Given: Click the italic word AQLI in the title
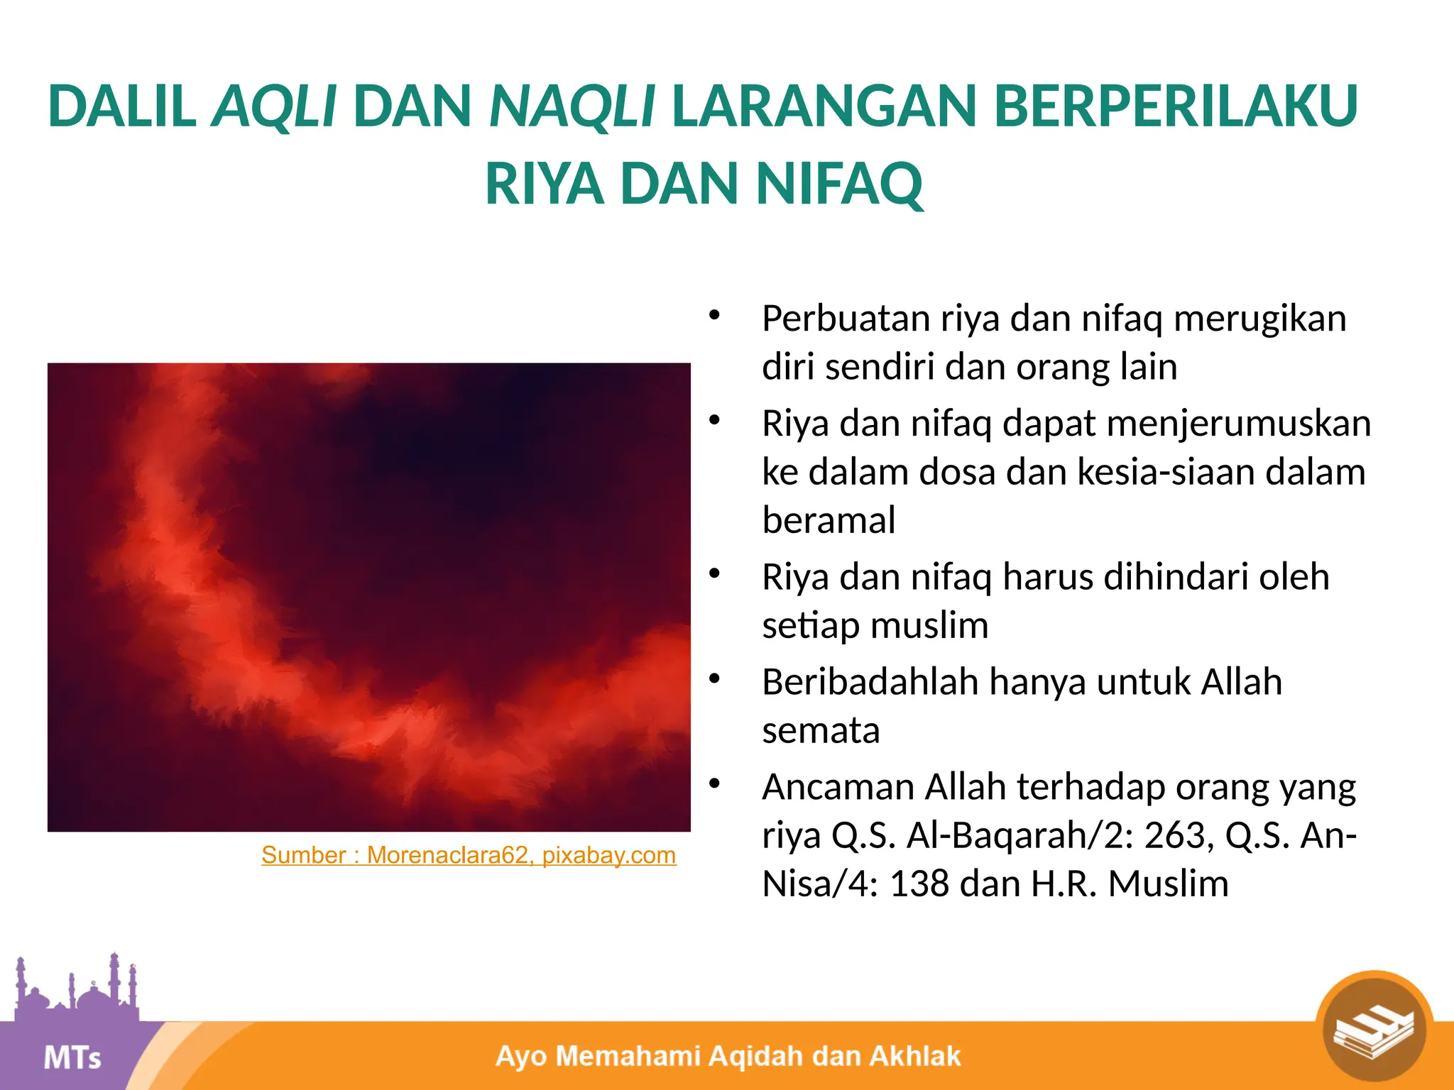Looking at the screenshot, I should [x=274, y=106].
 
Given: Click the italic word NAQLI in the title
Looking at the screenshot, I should [x=572, y=106].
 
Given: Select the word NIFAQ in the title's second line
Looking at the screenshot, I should [x=839, y=184].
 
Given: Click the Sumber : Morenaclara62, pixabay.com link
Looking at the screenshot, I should [x=469, y=855].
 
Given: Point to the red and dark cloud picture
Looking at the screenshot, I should [x=368, y=597].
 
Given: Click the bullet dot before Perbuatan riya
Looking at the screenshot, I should [x=714, y=314].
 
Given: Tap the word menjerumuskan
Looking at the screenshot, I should [x=1238, y=424].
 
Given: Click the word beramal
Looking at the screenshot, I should [x=828, y=520].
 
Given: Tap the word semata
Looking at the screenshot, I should [x=821, y=730].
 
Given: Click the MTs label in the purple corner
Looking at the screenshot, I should [x=72, y=1058].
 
